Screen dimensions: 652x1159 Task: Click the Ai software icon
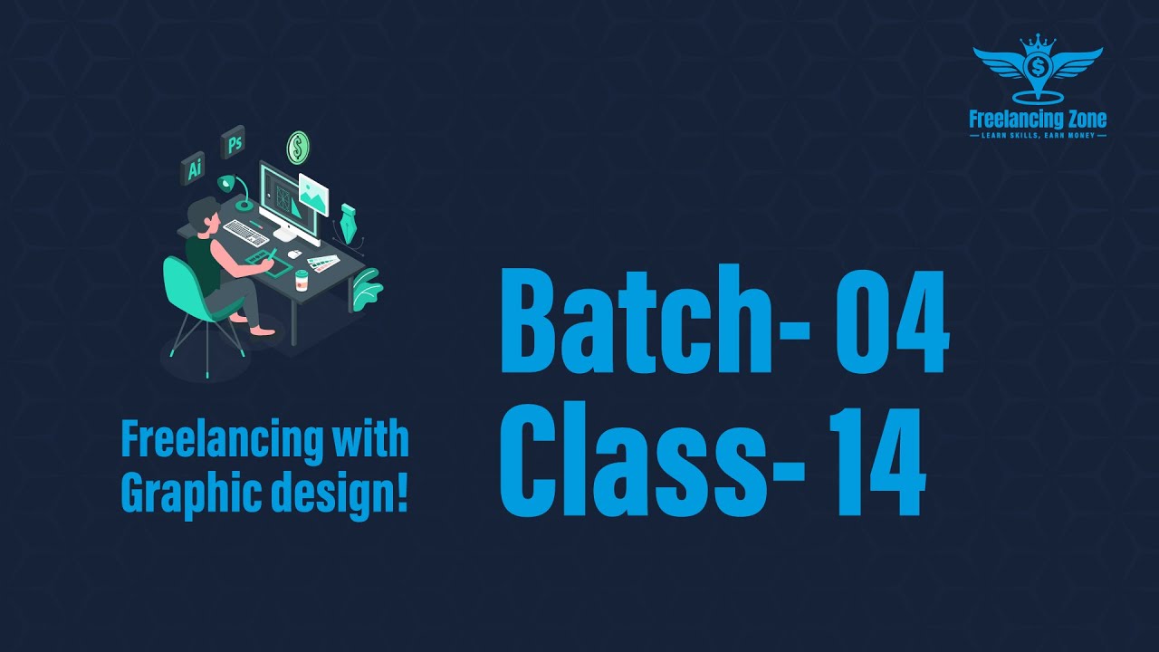coord(193,168)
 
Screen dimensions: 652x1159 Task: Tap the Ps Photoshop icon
coord(234,142)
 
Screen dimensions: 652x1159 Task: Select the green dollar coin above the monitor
coord(298,147)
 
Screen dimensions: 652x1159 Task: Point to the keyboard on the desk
coord(245,232)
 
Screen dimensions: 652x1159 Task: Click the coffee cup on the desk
coord(301,281)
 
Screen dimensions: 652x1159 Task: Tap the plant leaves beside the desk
coord(367,288)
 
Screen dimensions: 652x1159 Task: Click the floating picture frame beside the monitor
coord(312,194)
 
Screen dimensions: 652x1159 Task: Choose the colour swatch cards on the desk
coord(321,263)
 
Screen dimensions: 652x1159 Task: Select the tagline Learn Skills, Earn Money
coord(1038,136)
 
